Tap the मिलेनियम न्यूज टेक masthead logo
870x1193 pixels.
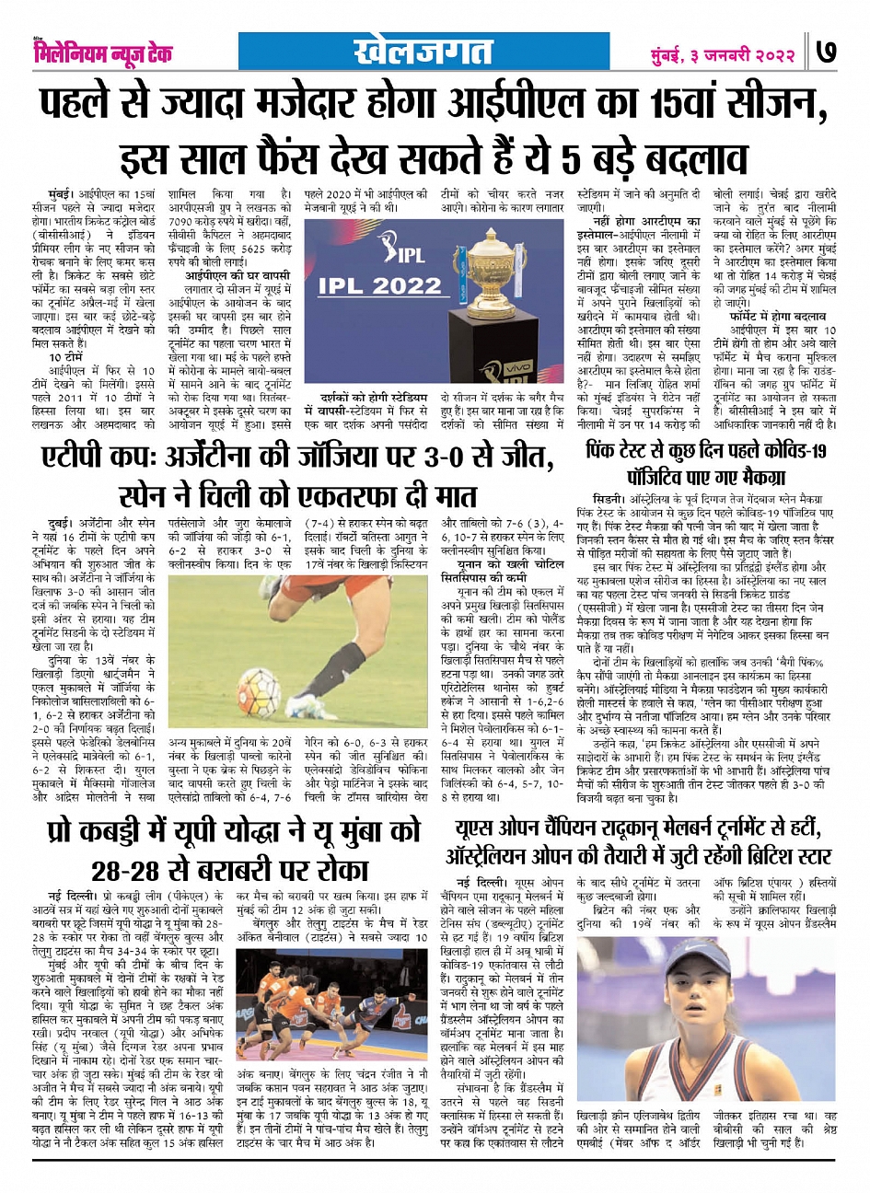point(101,52)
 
